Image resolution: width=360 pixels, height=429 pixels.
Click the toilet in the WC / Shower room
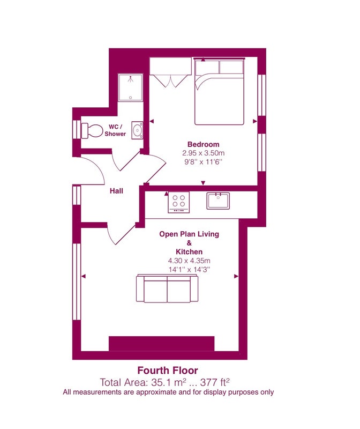[92, 131]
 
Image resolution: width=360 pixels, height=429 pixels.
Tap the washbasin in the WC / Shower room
[137, 130]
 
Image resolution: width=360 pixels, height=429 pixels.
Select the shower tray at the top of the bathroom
[131, 87]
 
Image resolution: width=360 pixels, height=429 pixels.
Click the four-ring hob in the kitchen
[178, 203]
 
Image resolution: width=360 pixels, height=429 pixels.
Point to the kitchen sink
[218, 201]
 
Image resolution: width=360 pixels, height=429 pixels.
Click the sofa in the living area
[167, 289]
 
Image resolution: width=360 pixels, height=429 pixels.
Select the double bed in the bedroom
[219, 92]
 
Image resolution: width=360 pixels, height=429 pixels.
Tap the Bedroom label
[204, 144]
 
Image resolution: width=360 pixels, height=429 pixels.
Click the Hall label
[116, 191]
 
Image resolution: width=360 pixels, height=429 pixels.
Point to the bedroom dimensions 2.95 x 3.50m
[204, 153]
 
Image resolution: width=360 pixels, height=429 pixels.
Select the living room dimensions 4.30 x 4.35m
[189, 261]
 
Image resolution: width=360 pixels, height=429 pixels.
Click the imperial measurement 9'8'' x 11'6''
[204, 162]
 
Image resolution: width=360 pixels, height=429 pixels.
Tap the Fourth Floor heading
[168, 371]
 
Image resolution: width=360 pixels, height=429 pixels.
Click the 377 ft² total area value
[215, 382]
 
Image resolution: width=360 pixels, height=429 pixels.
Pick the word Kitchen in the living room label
[189, 252]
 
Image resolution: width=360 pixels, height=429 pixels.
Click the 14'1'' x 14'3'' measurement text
[189, 270]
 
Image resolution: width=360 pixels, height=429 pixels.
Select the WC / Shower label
[115, 130]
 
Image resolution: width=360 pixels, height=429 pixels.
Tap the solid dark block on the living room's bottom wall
[162, 344]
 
